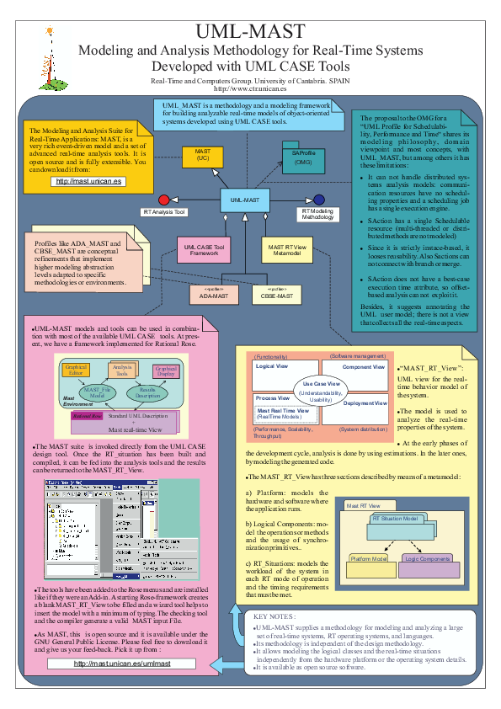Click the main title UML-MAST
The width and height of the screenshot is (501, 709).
tap(250, 32)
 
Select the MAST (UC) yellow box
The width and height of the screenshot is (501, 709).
tap(202, 155)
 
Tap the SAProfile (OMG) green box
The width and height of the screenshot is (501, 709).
tap(303, 157)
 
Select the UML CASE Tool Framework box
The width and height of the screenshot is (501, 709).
tap(202, 250)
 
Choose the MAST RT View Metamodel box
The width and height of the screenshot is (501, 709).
tap(286, 250)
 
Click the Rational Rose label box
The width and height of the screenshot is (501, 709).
tap(87, 416)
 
